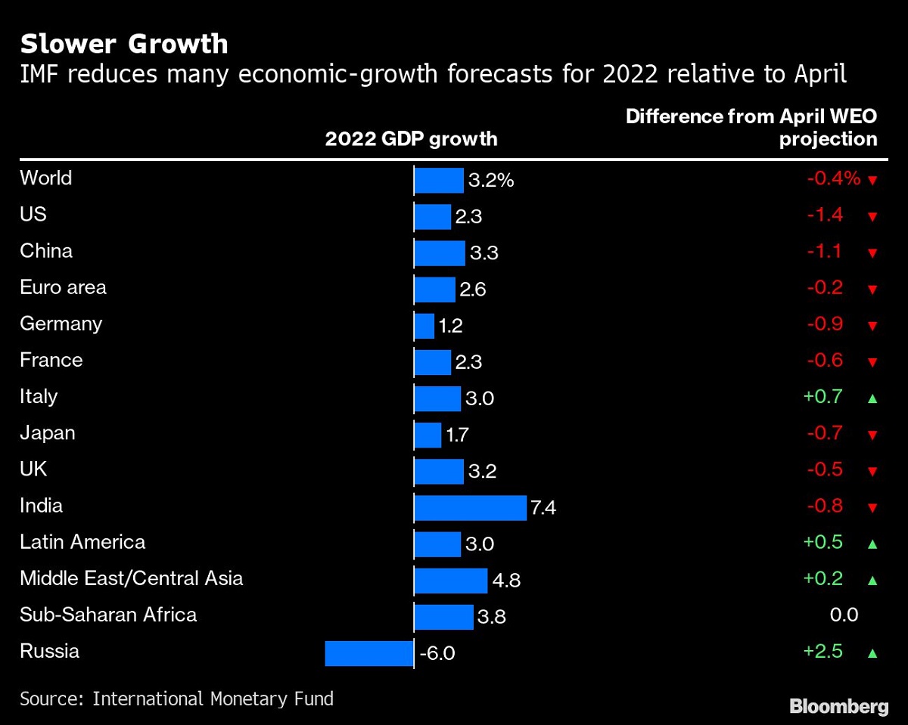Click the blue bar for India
pyautogui.click(x=470, y=507)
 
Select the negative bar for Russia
pyautogui.click(x=369, y=653)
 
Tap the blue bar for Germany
pyautogui.click(x=424, y=326)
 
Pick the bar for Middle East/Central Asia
pyautogui.click(x=451, y=580)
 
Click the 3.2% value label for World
pyautogui.click(x=491, y=181)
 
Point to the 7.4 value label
pyautogui.click(x=543, y=508)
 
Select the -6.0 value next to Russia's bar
pyautogui.click(x=437, y=653)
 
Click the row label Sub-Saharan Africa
pyautogui.click(x=108, y=615)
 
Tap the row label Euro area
pyautogui.click(x=63, y=287)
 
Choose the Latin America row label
pyautogui.click(x=82, y=542)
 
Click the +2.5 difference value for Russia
pyautogui.click(x=824, y=651)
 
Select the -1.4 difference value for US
pyautogui.click(x=824, y=215)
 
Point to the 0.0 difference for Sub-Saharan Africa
pyautogui.click(x=844, y=615)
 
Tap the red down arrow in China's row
pyautogui.click(x=872, y=253)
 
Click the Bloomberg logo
pyautogui.click(x=838, y=706)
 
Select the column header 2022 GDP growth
pyautogui.click(x=411, y=139)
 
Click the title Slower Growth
pyautogui.click(x=124, y=45)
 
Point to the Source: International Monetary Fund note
pyautogui.click(x=176, y=698)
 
